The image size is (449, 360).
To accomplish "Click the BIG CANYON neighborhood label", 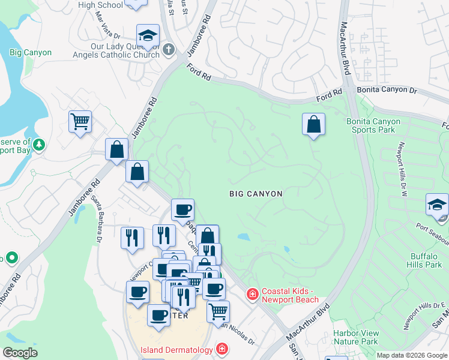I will click(x=256, y=194).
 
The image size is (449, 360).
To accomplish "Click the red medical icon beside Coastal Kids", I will click(x=253, y=293).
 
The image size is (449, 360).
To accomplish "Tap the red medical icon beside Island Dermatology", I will click(x=222, y=349).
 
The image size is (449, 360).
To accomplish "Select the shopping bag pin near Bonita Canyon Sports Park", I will click(x=313, y=124).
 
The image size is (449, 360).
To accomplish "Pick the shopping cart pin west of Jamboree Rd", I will click(x=80, y=122).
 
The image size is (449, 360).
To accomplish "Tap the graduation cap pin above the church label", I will click(x=148, y=35).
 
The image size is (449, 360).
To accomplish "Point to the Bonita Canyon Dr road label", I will click(x=387, y=90).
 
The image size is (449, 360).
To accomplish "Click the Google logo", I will click(x=20, y=353).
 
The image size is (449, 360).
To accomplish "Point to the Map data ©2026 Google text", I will click(x=412, y=355).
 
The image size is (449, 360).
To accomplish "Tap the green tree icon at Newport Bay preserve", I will click(x=39, y=144).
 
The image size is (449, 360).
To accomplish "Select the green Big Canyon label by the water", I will click(x=31, y=53).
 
